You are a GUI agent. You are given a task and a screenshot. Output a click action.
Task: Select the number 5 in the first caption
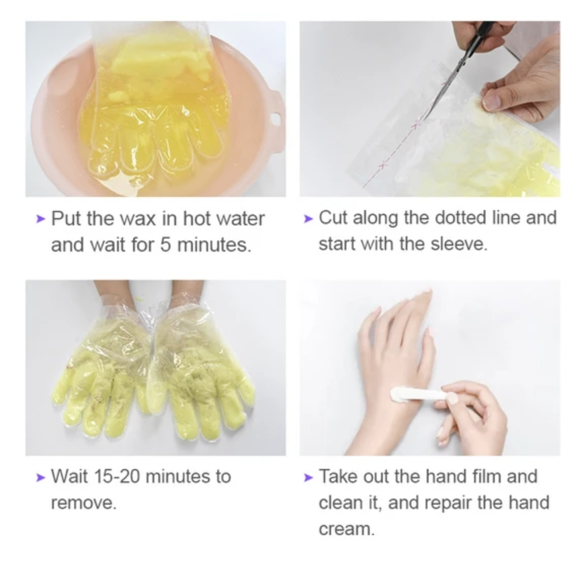165,244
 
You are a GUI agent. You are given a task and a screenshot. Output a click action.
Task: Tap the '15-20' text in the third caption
116,476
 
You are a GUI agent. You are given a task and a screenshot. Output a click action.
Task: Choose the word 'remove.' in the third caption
84,503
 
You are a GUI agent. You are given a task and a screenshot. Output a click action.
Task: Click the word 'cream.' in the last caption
347,529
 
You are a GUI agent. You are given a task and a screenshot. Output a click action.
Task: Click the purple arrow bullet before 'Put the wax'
41,219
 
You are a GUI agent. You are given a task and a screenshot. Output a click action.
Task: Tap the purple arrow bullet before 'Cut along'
308,218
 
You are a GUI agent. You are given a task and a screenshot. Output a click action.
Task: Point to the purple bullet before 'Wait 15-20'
41,477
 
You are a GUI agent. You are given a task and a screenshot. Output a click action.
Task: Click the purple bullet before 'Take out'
308,477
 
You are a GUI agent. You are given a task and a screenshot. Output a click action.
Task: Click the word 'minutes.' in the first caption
214,244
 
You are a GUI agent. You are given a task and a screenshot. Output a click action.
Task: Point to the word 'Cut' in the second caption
333,218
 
